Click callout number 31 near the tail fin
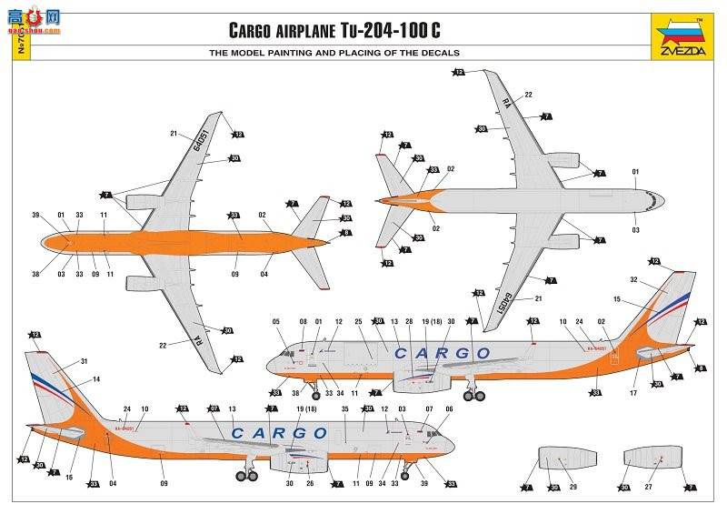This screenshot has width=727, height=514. click(x=85, y=361)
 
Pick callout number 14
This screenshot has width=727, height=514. click(x=96, y=378)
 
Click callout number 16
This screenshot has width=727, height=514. click(x=69, y=477)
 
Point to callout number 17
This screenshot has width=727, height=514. click(x=632, y=394)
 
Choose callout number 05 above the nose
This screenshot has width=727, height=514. click(x=276, y=321)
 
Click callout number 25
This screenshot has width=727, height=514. click(x=358, y=321)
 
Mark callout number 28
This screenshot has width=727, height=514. click(x=409, y=321)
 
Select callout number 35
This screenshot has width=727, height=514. click(x=344, y=409)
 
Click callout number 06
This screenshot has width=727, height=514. click(x=448, y=409)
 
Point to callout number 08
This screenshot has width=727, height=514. click(x=304, y=321)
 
